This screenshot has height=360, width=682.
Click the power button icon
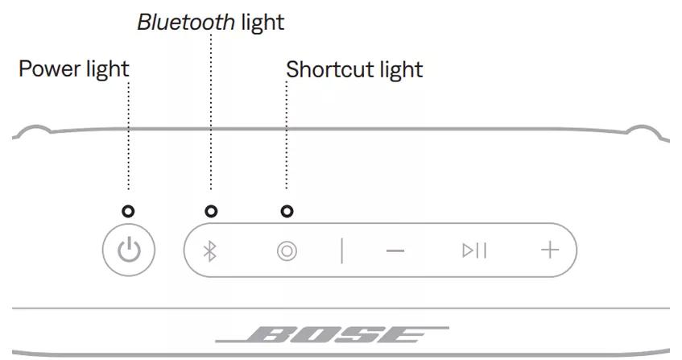pos(129,250)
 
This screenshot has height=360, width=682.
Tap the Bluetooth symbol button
pos(210,251)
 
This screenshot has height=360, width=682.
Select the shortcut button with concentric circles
pos(287,251)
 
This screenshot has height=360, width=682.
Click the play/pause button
pos(474,250)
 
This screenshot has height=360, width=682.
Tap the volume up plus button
pos(549,250)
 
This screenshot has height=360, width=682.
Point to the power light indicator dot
pos(128,212)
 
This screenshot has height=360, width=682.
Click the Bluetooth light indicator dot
pos(211,212)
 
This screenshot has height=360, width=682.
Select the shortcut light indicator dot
pos(287,212)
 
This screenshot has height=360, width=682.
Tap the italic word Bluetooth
pos(186,23)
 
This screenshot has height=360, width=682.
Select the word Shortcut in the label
pos(327,70)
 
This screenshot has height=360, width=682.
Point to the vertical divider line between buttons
pos(341,250)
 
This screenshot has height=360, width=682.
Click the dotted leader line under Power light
pos(128,137)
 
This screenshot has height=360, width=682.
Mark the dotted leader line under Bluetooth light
pos(211,113)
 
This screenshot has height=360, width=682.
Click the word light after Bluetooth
pos(262,23)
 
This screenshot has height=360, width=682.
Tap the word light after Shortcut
pos(399,70)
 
